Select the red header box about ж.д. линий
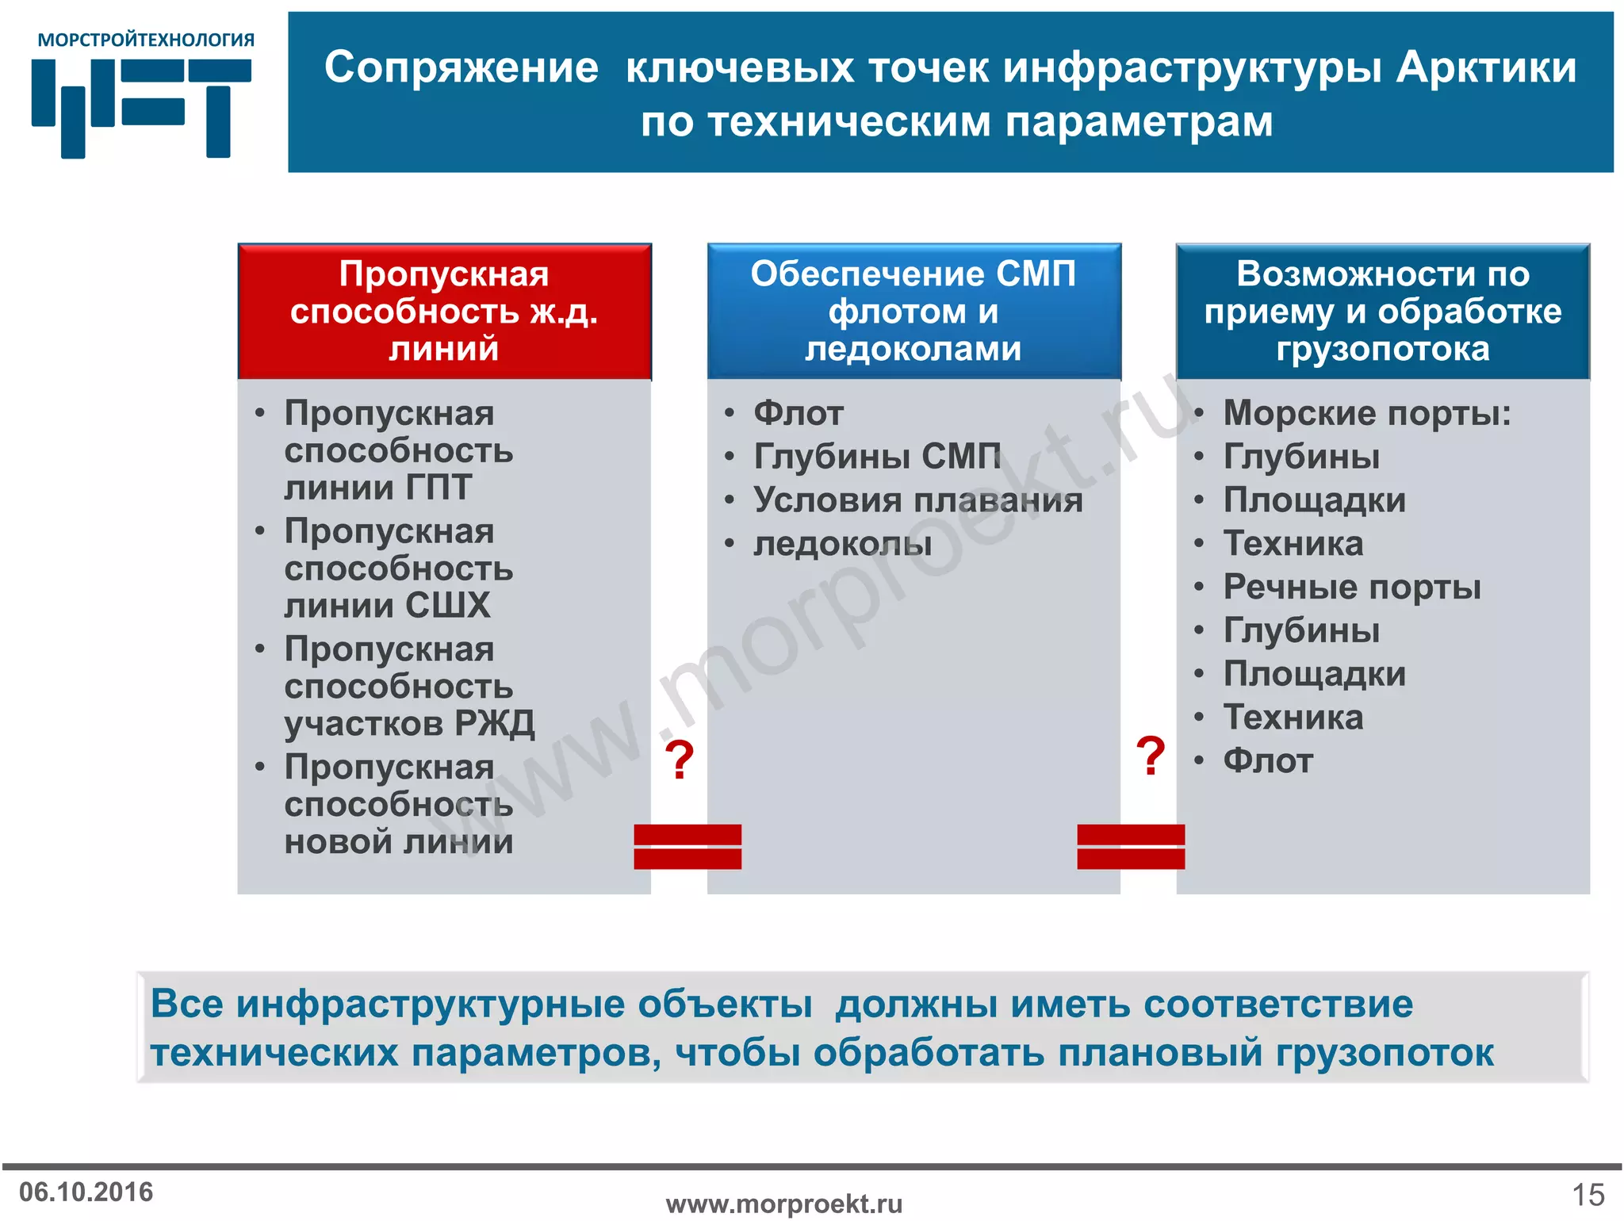[x=444, y=311]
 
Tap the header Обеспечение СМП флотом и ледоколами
[x=913, y=311]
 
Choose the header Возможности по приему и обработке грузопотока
[x=1382, y=311]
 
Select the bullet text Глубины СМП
[x=876, y=457]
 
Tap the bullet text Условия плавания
[x=917, y=500]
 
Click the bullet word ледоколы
[x=842, y=544]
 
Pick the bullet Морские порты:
[x=1366, y=413]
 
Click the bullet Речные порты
[x=1351, y=587]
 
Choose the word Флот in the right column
[x=1267, y=761]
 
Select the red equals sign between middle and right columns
[x=1130, y=847]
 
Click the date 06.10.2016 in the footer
[x=86, y=1192]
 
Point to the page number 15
[x=1588, y=1194]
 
